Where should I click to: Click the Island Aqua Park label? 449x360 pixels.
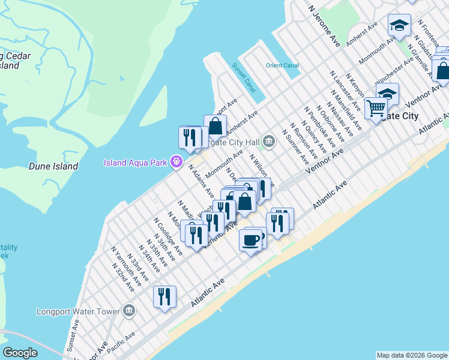tap(136, 162)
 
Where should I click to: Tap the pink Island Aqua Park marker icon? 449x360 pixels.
tap(176, 161)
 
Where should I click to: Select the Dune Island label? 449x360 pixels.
tap(53, 166)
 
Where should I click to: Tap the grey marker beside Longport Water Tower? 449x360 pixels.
tap(128, 311)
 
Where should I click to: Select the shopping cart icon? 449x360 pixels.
tap(376, 108)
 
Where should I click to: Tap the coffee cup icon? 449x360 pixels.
tap(251, 240)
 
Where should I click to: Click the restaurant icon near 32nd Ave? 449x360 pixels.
tap(164, 296)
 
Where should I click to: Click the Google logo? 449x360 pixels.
tap(20, 353)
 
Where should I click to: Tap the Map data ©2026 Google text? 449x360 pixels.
tap(412, 355)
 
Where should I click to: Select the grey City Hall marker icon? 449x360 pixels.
tap(268, 142)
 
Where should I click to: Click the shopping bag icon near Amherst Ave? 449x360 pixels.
tap(215, 126)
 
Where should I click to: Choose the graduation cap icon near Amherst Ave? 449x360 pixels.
tap(399, 25)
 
